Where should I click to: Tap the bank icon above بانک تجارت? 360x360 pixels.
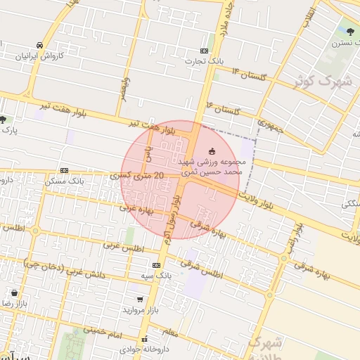click(204, 51)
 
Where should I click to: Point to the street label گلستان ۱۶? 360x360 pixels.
click(224, 108)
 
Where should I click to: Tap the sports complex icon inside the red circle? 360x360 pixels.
click(213, 151)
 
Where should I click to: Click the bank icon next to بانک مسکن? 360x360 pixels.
click(65, 170)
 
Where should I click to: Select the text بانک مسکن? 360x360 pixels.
click(64, 181)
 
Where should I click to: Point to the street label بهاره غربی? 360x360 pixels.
click(136, 209)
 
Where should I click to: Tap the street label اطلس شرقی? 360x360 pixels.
click(201, 268)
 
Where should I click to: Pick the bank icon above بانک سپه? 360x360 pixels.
click(156, 265)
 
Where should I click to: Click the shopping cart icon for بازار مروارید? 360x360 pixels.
click(140, 300)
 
